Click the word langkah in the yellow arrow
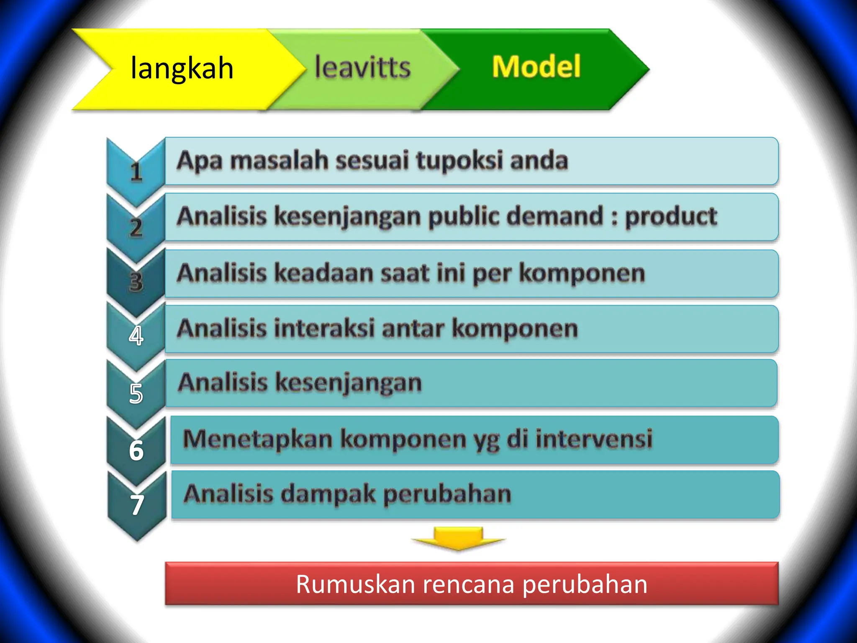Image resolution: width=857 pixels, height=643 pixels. tap(182, 68)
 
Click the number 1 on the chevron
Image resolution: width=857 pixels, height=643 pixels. tap(136, 172)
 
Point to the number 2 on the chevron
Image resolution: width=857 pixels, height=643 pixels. tap(136, 228)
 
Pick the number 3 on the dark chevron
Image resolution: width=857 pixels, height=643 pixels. tap(136, 282)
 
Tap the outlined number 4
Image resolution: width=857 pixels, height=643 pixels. tap(136, 336)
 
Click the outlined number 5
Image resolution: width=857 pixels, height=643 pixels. tap(136, 394)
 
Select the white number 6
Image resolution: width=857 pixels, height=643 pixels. tap(136, 450)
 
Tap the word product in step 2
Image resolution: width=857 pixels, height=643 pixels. tap(671, 217)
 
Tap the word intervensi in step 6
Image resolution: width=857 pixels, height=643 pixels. tap(594, 439)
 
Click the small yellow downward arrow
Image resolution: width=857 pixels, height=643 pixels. tap(459, 538)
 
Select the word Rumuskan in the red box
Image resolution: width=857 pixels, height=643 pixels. tap(355, 584)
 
